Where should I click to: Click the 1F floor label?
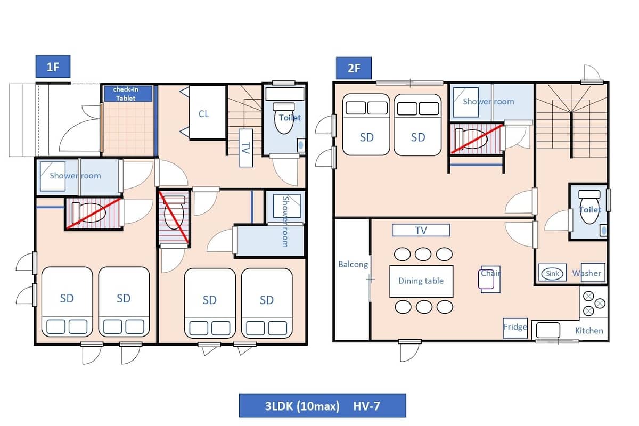53,67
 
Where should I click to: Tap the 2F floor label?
354,68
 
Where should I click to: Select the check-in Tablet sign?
128,94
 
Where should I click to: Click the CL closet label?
203,114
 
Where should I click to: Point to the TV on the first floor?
245,148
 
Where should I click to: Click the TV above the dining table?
421,230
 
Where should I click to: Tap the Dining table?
421,281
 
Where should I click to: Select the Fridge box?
515,328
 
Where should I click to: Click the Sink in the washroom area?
552,273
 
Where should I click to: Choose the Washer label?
586,273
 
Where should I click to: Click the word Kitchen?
589,331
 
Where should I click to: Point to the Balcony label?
353,265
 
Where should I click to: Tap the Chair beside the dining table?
489,280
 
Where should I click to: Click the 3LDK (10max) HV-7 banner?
322,405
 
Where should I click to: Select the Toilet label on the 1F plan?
290,118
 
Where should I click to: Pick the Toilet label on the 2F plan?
590,210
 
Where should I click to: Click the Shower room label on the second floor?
488,102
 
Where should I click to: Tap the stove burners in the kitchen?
594,304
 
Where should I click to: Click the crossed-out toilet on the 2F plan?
477,139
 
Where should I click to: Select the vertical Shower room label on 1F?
285,222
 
